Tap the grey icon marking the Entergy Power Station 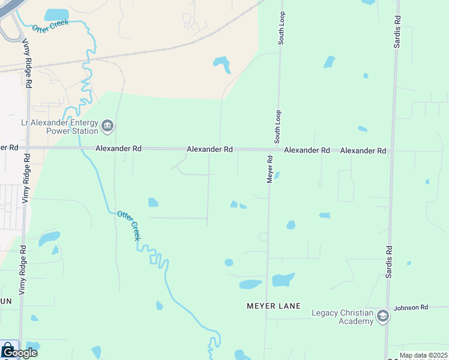108,125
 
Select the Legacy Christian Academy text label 342,317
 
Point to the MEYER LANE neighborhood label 273,306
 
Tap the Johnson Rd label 411,308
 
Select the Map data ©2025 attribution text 423,355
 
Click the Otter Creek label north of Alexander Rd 50,26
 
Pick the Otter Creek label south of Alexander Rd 128,225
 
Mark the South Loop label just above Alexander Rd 278,126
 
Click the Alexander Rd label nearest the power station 117,148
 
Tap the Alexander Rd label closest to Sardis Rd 363,151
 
